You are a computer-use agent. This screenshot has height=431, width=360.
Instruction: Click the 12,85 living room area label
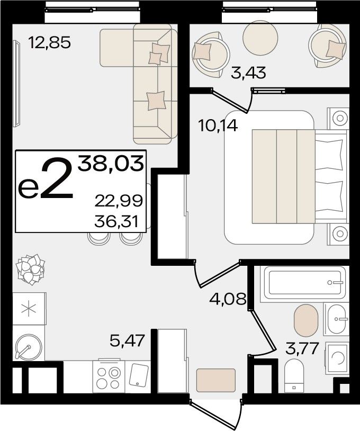point(49,42)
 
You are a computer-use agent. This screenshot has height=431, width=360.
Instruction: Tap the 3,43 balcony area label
point(248,73)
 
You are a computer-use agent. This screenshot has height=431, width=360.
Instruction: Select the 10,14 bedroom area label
point(218,126)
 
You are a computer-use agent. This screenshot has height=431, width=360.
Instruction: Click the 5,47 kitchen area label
point(127,341)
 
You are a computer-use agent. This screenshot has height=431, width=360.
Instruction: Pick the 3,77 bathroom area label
point(302,348)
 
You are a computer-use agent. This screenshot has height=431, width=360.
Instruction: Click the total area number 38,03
point(111,163)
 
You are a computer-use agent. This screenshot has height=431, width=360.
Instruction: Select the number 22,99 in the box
point(119,201)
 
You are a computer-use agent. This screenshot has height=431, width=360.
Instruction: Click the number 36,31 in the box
point(116,221)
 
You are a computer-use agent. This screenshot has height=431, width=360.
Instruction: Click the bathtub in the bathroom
point(304,283)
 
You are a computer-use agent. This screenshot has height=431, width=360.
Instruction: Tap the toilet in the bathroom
point(294,376)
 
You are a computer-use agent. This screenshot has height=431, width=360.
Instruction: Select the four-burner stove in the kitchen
point(109,376)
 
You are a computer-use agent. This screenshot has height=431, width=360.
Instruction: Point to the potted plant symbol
point(31,270)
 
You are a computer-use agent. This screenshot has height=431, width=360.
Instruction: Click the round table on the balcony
point(260,38)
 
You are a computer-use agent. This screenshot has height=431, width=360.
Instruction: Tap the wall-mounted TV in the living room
point(16,84)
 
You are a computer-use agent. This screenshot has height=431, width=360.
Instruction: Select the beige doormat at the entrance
point(216,380)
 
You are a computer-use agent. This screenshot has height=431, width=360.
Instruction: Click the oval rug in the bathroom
point(306,320)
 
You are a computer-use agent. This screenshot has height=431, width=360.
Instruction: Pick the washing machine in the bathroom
point(337,358)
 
